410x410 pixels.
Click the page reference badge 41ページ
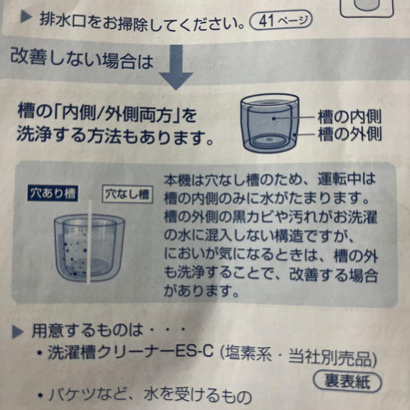pos(281,20)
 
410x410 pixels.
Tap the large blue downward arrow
pos(175,66)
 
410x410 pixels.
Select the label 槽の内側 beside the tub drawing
pos(349,118)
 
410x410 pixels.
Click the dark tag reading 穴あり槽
pos(53,194)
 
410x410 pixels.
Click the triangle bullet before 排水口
pos(26,19)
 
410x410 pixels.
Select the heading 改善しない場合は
pos(82,60)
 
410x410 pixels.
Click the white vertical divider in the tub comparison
pos(90,243)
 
